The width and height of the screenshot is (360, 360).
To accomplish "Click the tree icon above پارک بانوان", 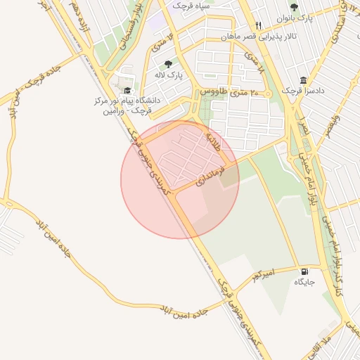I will coord(294,6).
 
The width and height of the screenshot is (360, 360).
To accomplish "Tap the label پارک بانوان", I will coord(294,18).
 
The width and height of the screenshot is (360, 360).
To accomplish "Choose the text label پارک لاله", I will coord(169,75).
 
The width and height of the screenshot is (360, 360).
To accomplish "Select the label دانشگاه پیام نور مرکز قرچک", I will coord(127,105).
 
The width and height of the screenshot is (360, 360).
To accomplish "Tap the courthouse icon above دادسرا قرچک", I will coord(303,79).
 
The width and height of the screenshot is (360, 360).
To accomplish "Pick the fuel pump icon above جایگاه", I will coord(304,271).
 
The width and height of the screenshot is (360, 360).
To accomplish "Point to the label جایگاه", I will coord(304,283).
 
